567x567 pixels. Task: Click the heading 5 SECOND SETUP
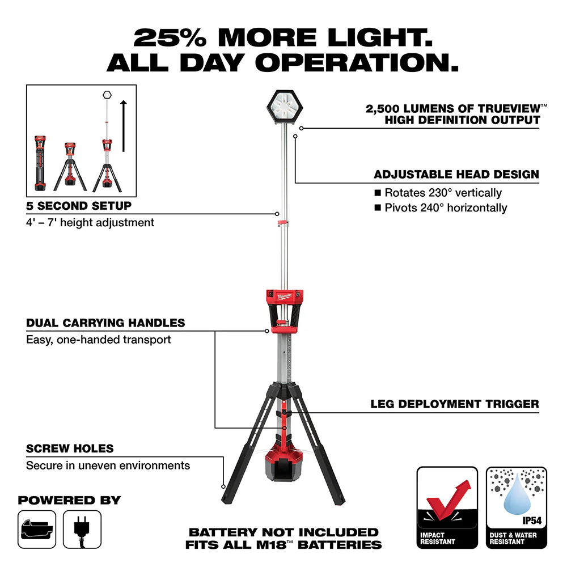[79, 206]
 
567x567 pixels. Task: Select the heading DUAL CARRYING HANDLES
[105, 323]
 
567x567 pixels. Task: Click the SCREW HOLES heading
[70, 448]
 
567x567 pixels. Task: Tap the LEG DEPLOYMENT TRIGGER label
[455, 404]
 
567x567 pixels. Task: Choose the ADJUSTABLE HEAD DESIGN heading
[456, 175]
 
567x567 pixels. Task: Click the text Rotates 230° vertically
[443, 193]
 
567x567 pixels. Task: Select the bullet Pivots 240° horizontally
[446, 208]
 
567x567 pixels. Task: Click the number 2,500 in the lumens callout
[396, 108]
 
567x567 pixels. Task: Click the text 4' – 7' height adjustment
[90, 223]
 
